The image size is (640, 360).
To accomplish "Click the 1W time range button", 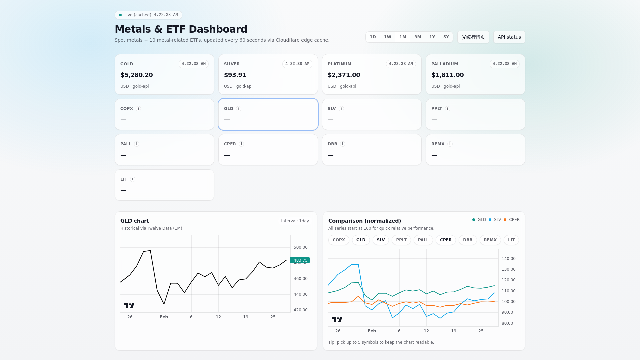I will tap(387, 37).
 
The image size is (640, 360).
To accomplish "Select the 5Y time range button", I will tap(446, 37).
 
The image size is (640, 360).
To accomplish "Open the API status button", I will tap(509, 37).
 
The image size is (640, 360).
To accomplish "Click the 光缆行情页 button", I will tap(473, 37).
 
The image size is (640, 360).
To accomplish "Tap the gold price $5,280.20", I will tap(137, 75).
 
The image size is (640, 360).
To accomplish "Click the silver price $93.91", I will tap(235, 75).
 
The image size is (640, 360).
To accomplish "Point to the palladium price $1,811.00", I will tap(447, 75).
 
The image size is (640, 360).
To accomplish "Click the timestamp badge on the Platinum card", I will tap(401, 64).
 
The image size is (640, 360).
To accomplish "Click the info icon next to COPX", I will tap(138, 109).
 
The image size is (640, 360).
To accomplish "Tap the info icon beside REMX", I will tap(450, 144).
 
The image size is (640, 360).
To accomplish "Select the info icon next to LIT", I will tap(133, 179).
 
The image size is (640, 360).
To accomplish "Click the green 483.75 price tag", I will tap(300, 260).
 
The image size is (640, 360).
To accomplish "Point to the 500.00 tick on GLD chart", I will tap(300, 247).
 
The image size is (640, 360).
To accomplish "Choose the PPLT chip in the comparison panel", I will tap(401, 240).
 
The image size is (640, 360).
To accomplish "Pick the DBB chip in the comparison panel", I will tap(467, 240).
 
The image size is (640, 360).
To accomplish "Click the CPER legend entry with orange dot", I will tap(512, 220).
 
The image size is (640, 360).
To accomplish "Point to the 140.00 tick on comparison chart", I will tap(508, 259).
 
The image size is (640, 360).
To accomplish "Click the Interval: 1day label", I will tap(295, 221).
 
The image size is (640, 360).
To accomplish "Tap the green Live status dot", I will tap(120, 15).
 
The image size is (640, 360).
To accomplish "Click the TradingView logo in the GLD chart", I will tap(129, 306).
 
